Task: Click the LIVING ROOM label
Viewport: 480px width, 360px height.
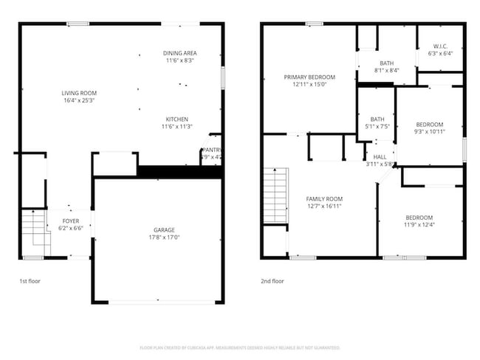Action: (x=79, y=93)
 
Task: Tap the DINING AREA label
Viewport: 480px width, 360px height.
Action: (x=179, y=53)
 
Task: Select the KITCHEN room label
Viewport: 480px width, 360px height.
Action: (x=176, y=120)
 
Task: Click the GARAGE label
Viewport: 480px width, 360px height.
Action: (x=158, y=230)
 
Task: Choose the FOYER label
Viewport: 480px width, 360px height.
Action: (x=70, y=221)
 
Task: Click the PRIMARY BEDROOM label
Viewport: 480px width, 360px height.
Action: (x=310, y=77)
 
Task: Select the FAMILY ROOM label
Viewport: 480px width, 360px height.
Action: (x=324, y=198)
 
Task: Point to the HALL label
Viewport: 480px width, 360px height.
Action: (x=380, y=157)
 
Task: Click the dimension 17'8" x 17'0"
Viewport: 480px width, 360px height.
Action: (x=158, y=238)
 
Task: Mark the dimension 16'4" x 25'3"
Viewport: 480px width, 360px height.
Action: (x=79, y=100)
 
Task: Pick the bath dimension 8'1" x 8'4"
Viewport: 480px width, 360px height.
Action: (x=387, y=71)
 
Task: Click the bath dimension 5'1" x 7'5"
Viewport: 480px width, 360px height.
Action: (x=377, y=127)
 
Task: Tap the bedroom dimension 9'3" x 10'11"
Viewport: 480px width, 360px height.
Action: (x=430, y=131)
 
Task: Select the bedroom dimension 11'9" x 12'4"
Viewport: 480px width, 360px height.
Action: (x=419, y=225)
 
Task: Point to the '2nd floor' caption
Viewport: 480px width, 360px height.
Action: (x=272, y=281)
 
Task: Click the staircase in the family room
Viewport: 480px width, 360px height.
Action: (x=275, y=195)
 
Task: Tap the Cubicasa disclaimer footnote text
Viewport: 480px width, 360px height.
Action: (x=240, y=347)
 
